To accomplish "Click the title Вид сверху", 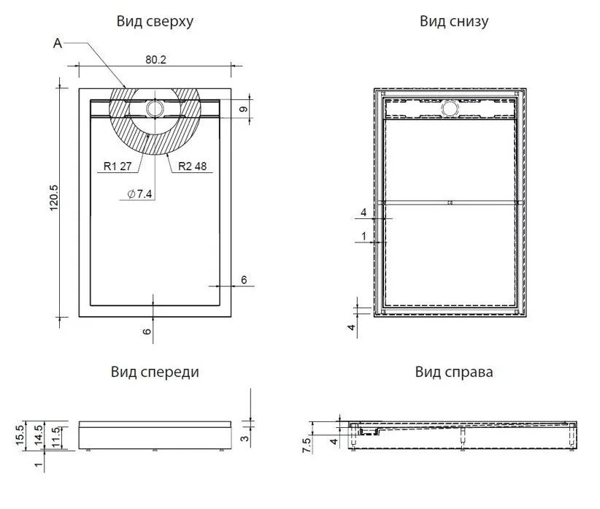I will [x=155, y=21].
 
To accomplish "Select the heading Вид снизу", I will [x=454, y=21].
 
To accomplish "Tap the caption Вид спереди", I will [x=155, y=372].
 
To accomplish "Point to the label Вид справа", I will [x=454, y=372].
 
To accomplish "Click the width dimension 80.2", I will [x=155, y=60].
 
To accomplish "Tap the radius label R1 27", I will [x=116, y=166].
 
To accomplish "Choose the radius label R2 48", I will [x=192, y=166].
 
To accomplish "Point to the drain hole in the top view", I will [x=155, y=108].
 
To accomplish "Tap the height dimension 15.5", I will [x=20, y=435].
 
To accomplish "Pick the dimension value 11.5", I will [x=57, y=437].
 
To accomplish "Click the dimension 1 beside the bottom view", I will [x=364, y=237].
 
